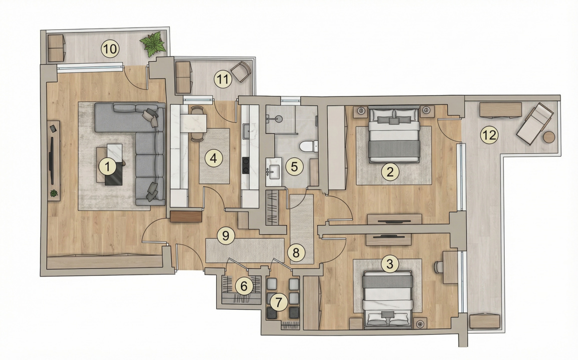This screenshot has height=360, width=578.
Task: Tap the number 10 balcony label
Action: (x=110, y=49)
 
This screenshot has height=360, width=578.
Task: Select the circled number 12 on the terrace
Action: (x=489, y=134)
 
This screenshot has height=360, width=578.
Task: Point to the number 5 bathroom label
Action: (x=294, y=166)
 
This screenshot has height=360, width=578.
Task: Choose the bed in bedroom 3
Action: (x=388, y=299)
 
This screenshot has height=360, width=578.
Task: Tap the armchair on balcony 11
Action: (x=241, y=71)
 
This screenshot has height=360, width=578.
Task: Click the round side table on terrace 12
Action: (x=549, y=137)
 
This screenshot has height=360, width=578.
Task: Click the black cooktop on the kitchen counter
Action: (x=246, y=165)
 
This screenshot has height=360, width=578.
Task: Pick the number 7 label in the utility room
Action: (x=279, y=301)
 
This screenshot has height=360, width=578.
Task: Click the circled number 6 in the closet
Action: (x=244, y=286)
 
